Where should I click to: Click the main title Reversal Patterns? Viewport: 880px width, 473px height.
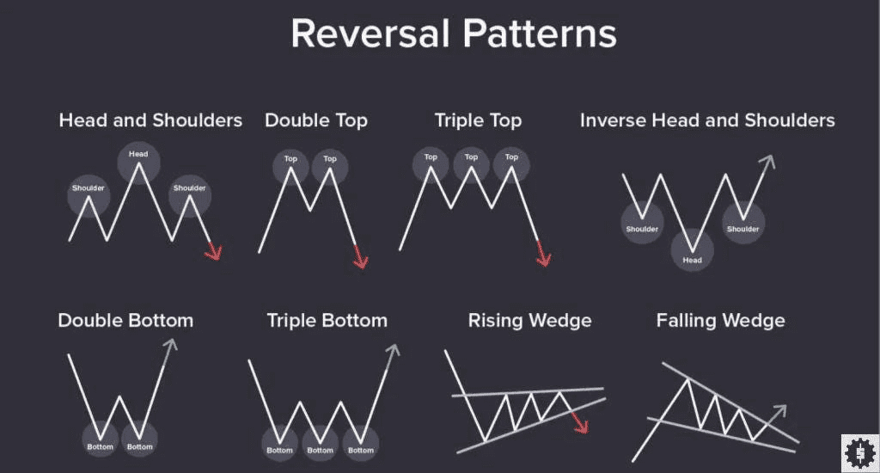[x=453, y=34]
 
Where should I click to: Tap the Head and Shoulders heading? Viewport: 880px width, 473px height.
[x=150, y=120]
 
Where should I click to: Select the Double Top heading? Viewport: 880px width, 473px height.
[x=315, y=120]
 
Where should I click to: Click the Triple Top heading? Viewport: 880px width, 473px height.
[x=478, y=120]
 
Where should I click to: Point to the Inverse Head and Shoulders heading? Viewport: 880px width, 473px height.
[x=707, y=120]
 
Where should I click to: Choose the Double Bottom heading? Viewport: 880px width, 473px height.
[x=125, y=321]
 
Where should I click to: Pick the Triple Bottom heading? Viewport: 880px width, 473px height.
[x=327, y=321]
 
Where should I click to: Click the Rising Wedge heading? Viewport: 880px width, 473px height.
[x=529, y=321]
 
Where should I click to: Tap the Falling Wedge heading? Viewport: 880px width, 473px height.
[x=720, y=321]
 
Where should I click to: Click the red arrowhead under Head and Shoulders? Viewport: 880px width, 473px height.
[x=214, y=251]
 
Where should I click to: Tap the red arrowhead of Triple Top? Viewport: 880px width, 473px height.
[x=543, y=256]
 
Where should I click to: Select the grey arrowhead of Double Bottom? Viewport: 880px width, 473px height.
[x=170, y=346]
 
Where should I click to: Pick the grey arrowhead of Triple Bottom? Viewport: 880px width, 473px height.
[x=393, y=351]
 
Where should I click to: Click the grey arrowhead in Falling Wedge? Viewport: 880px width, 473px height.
[x=779, y=411]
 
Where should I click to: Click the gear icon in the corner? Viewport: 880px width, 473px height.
[x=857, y=451]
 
